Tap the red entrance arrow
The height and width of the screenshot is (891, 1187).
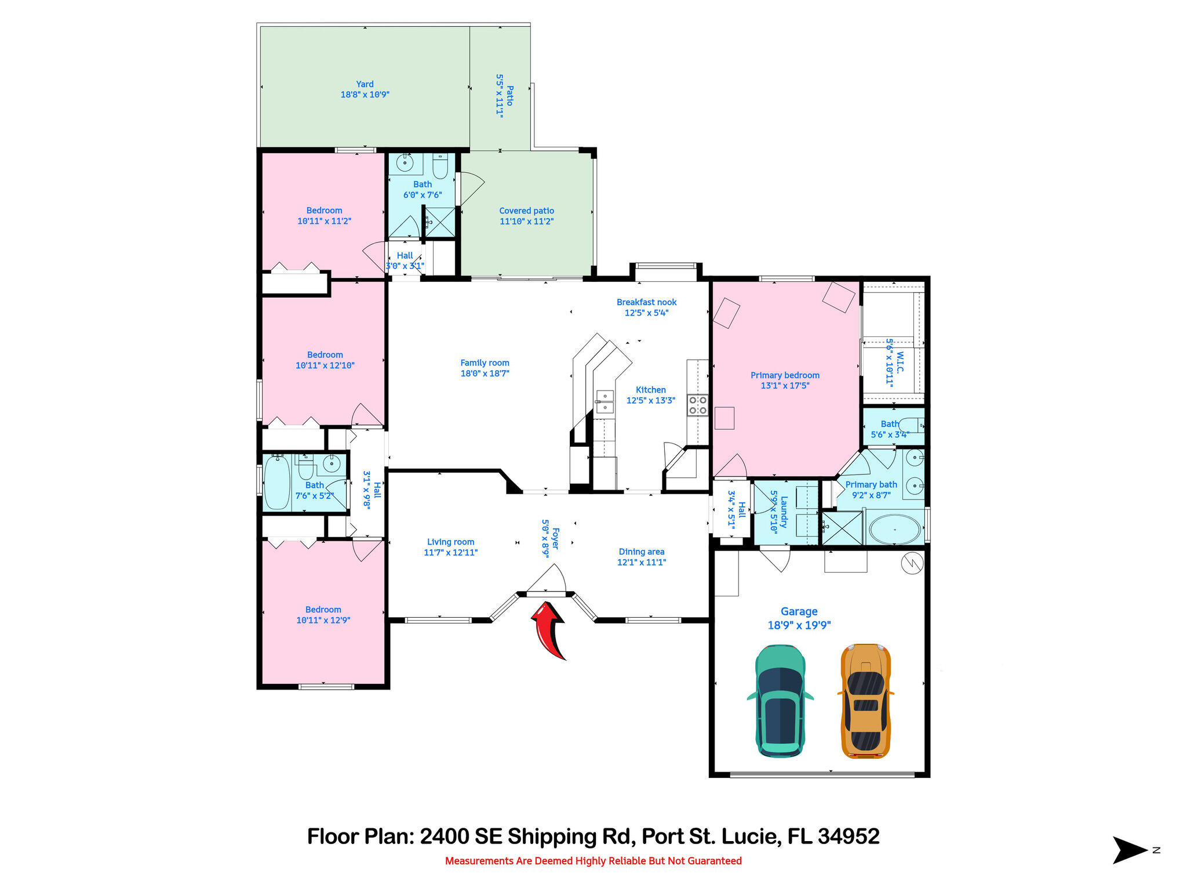[548, 630]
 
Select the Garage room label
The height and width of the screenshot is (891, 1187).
[799, 611]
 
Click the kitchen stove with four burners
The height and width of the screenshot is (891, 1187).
[698, 405]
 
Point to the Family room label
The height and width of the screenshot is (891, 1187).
[485, 363]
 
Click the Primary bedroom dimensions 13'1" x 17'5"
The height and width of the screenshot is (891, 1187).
[785, 386]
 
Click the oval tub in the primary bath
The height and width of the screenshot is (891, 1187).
[895, 530]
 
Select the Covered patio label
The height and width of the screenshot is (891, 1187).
[526, 211]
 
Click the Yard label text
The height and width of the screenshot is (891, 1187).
[365, 84]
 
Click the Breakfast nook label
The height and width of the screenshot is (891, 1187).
[646, 302]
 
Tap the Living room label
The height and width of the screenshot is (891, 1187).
[450, 542]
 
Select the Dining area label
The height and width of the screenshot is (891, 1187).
[641, 552]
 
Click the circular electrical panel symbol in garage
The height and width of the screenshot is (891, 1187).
[912, 563]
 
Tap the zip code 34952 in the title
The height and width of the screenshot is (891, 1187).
[849, 836]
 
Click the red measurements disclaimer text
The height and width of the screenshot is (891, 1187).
[593, 861]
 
